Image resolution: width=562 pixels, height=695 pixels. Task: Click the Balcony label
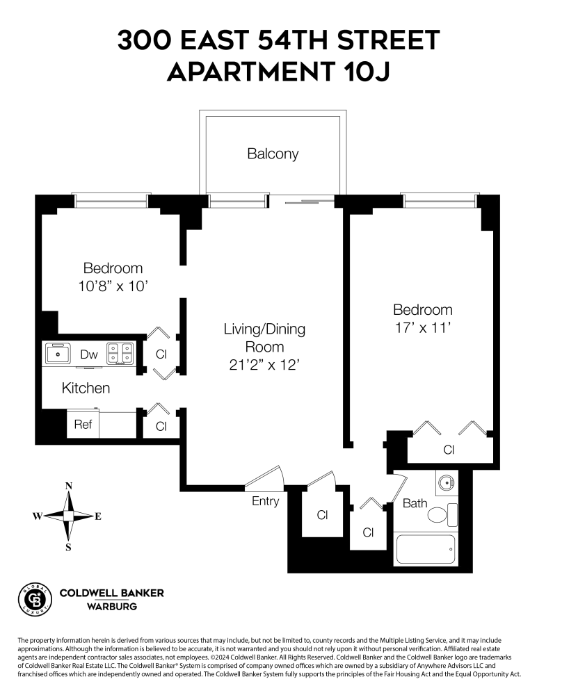(273, 154)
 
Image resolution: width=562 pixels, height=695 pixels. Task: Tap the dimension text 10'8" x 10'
(113, 285)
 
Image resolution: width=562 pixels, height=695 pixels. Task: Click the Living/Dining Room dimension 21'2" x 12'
(264, 364)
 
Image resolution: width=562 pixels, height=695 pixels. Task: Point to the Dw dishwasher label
(88, 354)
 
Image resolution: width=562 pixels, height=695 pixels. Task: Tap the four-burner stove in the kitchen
(120, 354)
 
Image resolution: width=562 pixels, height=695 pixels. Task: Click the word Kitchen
(86, 388)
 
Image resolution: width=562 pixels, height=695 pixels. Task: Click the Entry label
(266, 501)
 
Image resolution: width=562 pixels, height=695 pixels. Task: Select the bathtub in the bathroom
(425, 550)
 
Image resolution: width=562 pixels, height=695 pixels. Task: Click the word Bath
(415, 503)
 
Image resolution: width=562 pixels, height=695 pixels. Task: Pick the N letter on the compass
(68, 486)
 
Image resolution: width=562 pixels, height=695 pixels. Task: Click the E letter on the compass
(98, 516)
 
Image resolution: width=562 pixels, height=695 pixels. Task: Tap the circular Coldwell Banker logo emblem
(33, 598)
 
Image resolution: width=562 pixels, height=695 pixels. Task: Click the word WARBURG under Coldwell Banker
(111, 606)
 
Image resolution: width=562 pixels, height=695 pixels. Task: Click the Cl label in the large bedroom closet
(449, 450)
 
